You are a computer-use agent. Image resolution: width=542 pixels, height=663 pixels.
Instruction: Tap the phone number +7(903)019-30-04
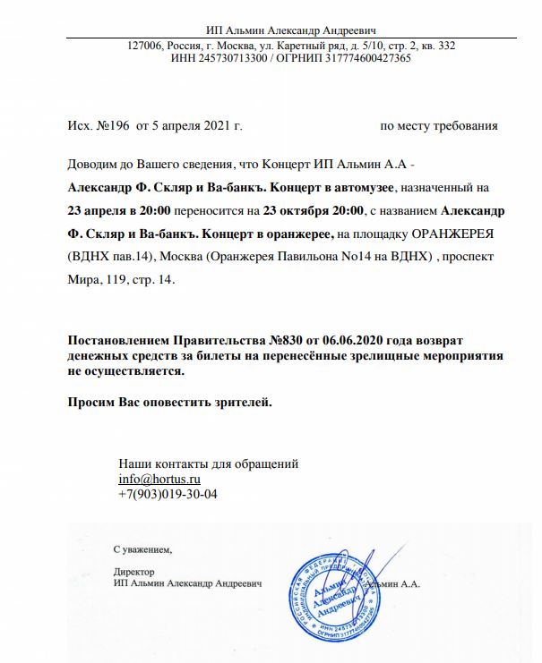pos(168,494)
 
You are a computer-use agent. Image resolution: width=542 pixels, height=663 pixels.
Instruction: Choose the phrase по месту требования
pos(439,126)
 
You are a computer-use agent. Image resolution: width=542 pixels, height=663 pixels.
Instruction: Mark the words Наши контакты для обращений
pos(208,464)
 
